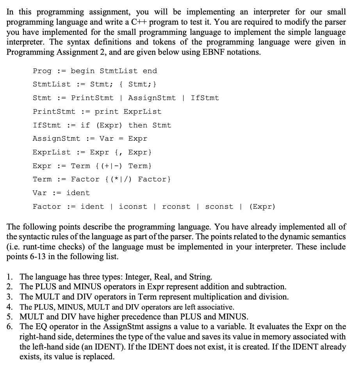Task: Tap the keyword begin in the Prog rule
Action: (82, 71)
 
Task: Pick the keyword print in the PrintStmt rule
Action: (106, 111)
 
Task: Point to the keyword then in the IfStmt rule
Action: (138, 125)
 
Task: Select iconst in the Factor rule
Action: (133, 206)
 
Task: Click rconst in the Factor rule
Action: (176, 206)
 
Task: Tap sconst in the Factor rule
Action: (219, 206)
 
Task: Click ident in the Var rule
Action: (78, 193)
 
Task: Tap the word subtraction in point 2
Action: (266, 287)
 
